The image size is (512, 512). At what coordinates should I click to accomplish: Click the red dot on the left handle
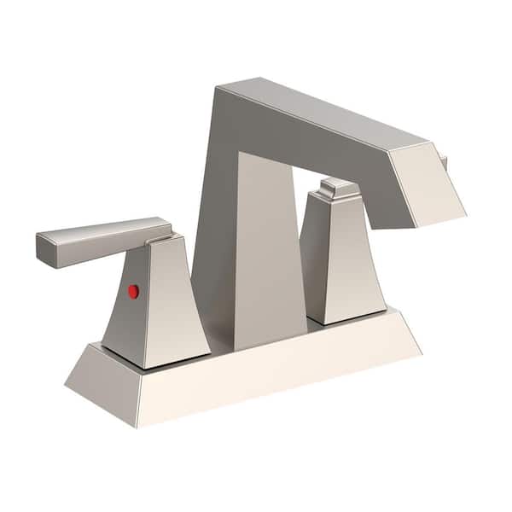coord(133,291)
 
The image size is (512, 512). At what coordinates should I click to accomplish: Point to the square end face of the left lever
coord(46,250)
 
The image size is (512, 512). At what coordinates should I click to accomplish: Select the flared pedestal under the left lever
coord(162,307)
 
